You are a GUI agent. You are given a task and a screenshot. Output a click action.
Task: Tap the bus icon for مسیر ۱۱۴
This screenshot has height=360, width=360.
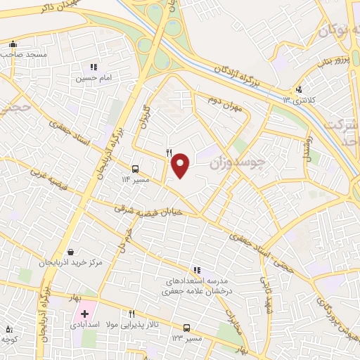tap(135, 169)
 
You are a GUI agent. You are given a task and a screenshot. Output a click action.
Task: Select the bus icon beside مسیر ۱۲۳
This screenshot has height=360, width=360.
tap(186, 328)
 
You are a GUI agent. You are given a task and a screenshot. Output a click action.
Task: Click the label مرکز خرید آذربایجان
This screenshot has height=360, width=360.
tap(71, 262)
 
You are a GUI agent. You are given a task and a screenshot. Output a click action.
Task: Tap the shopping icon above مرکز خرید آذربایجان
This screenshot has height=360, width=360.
tap(70, 252)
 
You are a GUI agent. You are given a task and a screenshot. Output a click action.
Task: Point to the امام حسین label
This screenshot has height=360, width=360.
tap(94, 79)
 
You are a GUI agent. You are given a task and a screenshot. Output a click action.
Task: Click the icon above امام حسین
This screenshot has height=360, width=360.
tap(94, 67)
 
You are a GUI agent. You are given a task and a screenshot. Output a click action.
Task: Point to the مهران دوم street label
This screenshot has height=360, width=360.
tap(224, 103)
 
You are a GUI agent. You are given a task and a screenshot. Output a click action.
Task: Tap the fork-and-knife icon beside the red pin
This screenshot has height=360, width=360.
tap(168, 152)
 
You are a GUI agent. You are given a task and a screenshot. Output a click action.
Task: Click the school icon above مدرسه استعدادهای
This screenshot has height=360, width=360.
tap(197, 270)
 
